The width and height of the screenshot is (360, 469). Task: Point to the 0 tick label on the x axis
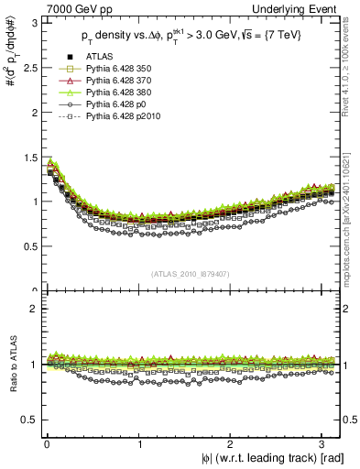pos(47,445)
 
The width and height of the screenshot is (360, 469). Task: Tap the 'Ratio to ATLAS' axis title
pos(11,365)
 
